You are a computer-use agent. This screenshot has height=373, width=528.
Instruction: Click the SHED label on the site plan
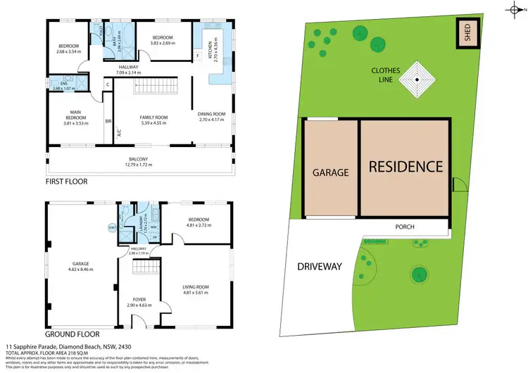coord(466,32)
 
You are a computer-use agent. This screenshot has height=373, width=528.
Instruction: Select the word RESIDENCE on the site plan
coord(406,167)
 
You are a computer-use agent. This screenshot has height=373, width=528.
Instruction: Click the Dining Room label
coord(211,113)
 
